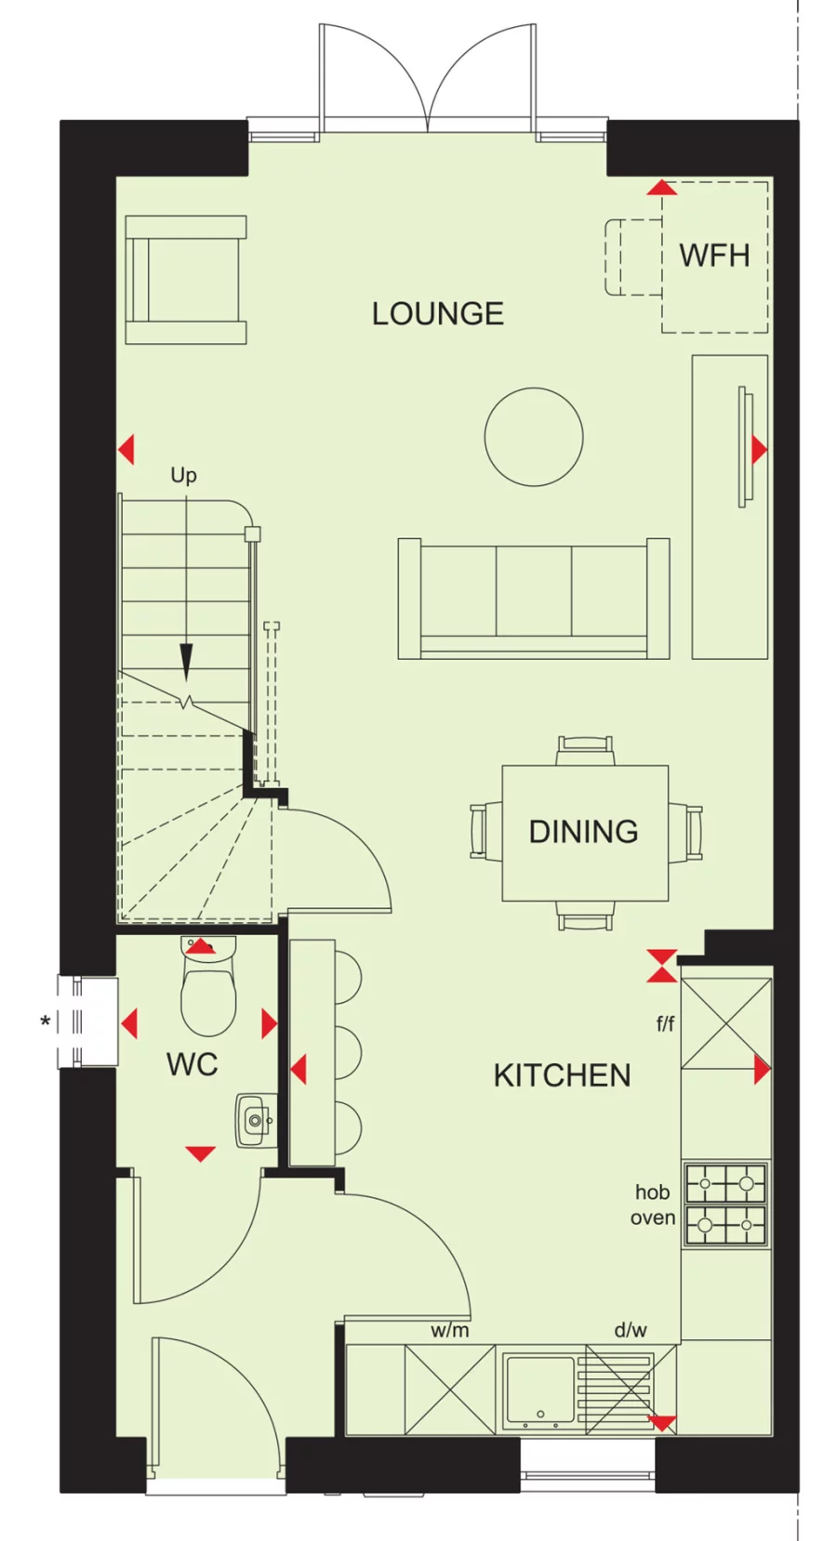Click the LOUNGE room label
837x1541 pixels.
click(x=437, y=314)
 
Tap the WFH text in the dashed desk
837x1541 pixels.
click(x=714, y=256)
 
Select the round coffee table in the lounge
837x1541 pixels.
click(x=534, y=437)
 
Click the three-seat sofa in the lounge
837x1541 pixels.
click(x=534, y=599)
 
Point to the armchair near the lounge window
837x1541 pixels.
click(x=186, y=280)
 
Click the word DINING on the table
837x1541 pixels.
click(x=583, y=832)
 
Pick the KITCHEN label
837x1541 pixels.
click(x=562, y=1075)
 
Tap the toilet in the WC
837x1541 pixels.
click(x=208, y=994)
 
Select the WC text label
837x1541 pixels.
click(x=192, y=1065)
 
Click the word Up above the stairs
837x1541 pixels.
click(x=183, y=476)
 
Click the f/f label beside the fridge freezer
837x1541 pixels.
click(x=665, y=1024)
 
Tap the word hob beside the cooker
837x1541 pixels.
click(x=652, y=1192)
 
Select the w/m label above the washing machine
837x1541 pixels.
click(x=449, y=1330)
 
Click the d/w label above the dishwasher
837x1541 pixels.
click(x=630, y=1330)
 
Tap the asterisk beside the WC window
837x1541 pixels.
click(x=45, y=1023)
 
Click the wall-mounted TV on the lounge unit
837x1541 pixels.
click(x=744, y=447)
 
